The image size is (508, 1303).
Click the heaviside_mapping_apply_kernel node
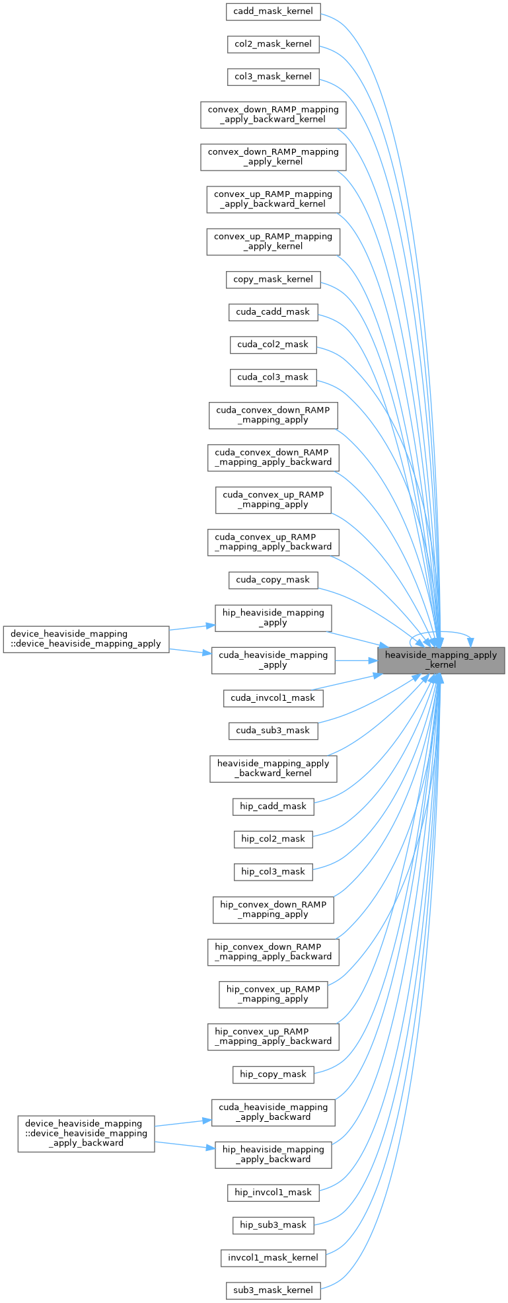click(441, 660)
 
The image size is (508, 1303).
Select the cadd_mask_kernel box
click(273, 11)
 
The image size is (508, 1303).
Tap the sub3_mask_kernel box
click(273, 1290)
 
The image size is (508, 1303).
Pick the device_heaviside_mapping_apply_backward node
click(86, 1133)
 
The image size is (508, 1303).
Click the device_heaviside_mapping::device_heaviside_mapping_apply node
click(86, 639)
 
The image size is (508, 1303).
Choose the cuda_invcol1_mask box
click(273, 697)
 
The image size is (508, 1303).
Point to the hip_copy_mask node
click(273, 1074)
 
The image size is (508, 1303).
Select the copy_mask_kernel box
click(273, 279)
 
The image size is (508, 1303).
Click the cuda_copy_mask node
click(273, 580)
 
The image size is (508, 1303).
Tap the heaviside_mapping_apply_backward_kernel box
click(273, 768)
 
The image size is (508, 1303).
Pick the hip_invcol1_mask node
click(273, 1192)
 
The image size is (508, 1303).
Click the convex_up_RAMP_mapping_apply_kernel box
click(273, 241)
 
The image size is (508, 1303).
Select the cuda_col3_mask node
click(273, 377)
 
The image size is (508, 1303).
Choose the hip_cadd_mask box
click(273, 806)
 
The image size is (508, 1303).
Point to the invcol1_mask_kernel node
click(273, 1257)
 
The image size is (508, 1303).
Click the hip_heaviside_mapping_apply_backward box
click(273, 1154)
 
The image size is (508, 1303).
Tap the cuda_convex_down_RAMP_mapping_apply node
click(273, 415)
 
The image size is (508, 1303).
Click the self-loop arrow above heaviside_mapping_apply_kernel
click(441, 633)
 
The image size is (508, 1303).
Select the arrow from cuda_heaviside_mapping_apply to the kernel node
click(357, 660)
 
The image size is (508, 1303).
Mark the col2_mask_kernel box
click(273, 44)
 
